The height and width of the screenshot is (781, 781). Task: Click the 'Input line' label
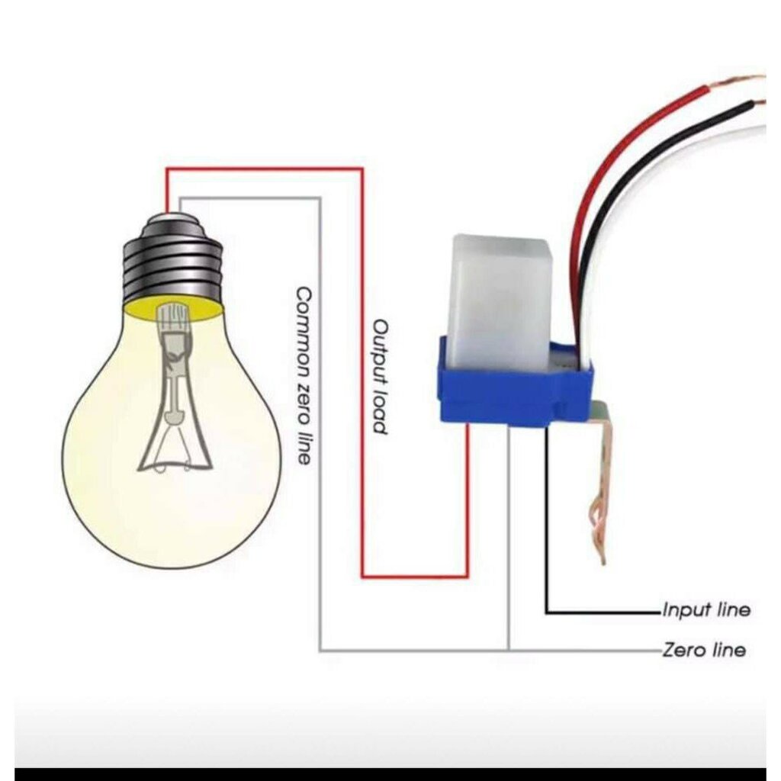pyautogui.click(x=706, y=609)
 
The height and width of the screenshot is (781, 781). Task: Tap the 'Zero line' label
pyautogui.click(x=704, y=650)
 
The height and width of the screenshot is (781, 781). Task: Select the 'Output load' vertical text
pyautogui.click(x=380, y=377)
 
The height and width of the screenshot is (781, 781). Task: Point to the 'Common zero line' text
pyautogui.click(x=304, y=376)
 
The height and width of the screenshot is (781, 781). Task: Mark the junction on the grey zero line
pyautogui.click(x=508, y=650)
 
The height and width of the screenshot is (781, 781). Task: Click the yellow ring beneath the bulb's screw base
pyautogui.click(x=174, y=308)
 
